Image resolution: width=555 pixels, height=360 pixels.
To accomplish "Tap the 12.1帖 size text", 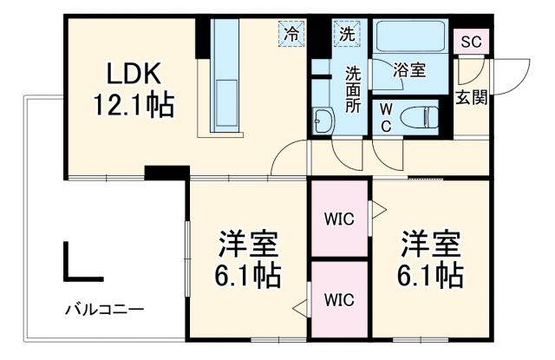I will tap(134, 107).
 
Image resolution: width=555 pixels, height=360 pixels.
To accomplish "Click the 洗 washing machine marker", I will tap(346, 35).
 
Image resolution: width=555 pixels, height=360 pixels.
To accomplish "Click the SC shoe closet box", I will tap(471, 42).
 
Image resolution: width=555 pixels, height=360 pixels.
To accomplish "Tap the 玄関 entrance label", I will tap(471, 97).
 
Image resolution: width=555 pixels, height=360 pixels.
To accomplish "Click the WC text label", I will tap(386, 117).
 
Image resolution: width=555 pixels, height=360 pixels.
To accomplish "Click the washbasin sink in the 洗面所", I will tap(323, 121).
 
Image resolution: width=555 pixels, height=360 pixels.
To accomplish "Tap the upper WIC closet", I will tap(340, 219).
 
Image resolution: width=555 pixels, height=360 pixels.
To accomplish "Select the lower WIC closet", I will tap(340, 300).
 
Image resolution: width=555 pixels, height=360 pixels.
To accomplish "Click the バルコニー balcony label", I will tap(103, 310).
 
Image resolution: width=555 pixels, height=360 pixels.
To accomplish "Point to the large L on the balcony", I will tap(82, 264).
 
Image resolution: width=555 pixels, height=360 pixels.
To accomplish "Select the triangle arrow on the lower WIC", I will tap(300, 305).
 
